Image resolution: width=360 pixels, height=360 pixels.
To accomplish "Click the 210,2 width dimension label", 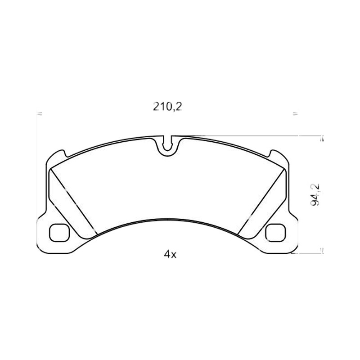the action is pyautogui.click(x=167, y=107).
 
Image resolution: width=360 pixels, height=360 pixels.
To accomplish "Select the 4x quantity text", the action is pyautogui.click(x=170, y=254).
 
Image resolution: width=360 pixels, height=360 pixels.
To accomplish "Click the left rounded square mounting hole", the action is pyautogui.click(x=59, y=233).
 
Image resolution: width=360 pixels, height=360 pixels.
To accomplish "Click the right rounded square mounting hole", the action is pyautogui.click(x=275, y=233).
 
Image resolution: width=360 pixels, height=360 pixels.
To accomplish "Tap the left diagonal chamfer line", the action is pyautogui.click(x=74, y=202).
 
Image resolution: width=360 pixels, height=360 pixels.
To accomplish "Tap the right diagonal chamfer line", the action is pyautogui.click(x=261, y=202).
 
